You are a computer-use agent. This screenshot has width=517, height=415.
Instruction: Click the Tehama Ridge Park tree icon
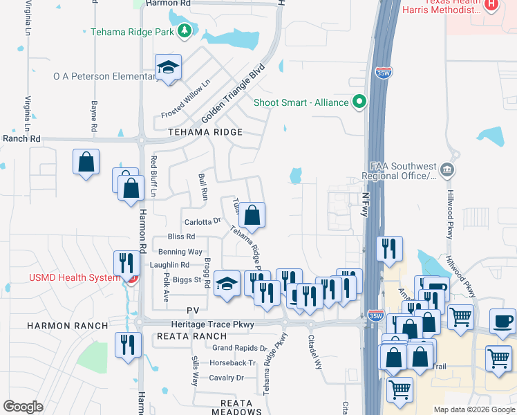185,30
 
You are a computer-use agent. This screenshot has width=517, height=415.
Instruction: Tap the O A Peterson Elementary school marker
168,67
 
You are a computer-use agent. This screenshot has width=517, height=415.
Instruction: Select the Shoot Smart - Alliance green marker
359,102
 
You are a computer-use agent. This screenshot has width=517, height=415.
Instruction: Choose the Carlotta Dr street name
202,222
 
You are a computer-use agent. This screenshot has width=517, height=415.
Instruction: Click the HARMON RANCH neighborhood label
68,325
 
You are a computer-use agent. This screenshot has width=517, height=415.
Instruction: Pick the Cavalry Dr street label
227,378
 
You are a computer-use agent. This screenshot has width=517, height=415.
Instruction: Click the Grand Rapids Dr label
239,348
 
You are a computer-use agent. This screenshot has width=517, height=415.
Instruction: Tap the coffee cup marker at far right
502,320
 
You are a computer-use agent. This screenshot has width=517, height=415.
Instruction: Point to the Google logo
23,406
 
